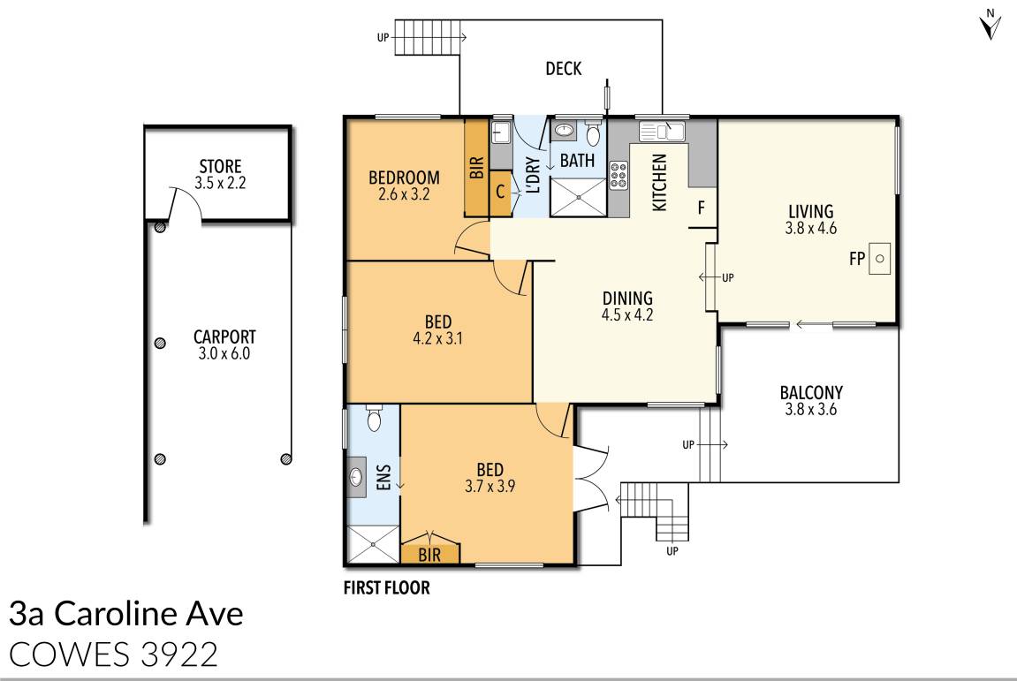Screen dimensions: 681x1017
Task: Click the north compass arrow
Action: (x=990, y=26)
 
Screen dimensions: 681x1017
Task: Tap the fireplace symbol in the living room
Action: (x=880, y=259)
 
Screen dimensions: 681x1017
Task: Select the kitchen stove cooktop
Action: (x=618, y=175)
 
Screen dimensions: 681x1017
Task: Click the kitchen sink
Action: (x=660, y=132)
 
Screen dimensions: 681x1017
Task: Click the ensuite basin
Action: (x=357, y=478)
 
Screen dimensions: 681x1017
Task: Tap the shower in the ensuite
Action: (x=372, y=544)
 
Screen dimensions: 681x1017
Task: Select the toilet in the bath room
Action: (x=593, y=135)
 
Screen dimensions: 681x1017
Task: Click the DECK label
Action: (x=564, y=68)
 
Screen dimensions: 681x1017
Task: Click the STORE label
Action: (x=220, y=167)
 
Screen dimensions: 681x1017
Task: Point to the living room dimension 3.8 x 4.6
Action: (x=810, y=228)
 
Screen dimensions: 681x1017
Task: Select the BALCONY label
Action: (x=810, y=393)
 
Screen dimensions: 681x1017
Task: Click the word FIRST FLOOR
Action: (x=386, y=587)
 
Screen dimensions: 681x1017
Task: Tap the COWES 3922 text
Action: (x=114, y=654)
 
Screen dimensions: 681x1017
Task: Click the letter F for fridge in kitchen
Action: (x=702, y=209)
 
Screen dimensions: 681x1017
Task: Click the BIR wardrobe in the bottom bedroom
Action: (x=430, y=554)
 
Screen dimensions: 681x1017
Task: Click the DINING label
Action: (x=627, y=298)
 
